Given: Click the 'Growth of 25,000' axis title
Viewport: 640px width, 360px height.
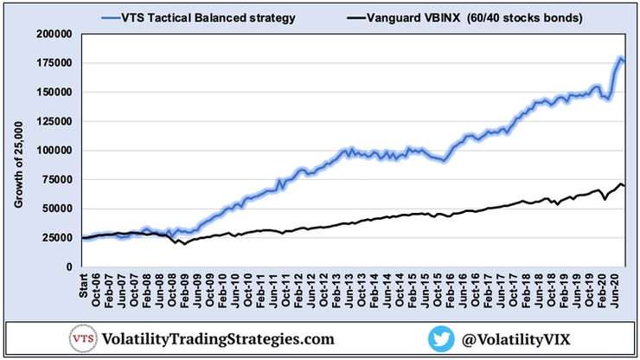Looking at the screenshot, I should pos(18,164).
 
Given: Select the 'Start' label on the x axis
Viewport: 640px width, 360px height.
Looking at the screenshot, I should pos(84,285).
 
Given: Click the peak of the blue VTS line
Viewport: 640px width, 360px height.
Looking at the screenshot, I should pos(620,59).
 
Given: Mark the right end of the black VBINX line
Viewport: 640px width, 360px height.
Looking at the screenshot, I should pos(625,187).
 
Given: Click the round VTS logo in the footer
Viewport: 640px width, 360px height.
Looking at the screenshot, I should pos(83,337).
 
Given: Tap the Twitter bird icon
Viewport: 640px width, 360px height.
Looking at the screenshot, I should pos(443,337).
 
